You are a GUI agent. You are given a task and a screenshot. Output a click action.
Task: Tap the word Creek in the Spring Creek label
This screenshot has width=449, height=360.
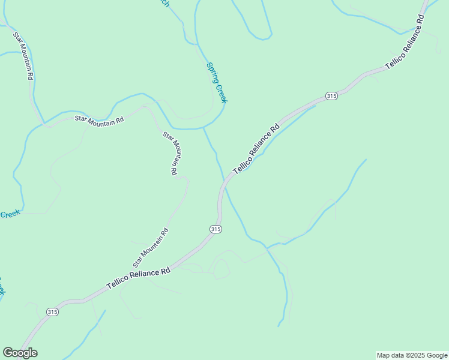click(x=221, y=93)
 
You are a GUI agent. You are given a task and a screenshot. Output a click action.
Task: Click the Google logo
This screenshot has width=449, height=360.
click(x=20, y=353)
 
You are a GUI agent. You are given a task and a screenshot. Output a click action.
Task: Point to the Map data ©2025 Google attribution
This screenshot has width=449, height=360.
click(x=412, y=355)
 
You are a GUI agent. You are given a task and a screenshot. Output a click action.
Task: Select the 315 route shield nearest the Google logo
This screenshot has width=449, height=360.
click(x=53, y=312)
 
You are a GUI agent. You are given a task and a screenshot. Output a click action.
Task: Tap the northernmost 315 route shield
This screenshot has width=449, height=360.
click(x=332, y=95)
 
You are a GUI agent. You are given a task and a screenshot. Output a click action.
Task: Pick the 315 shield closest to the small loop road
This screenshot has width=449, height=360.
click(x=217, y=229)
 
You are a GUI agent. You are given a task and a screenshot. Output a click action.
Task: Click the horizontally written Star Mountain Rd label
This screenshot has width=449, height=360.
click(x=99, y=119)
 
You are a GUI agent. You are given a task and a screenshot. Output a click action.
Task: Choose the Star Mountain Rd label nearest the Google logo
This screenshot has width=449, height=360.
click(x=150, y=247)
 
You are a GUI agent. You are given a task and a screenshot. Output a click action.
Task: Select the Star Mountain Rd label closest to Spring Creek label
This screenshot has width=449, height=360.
click(x=171, y=153)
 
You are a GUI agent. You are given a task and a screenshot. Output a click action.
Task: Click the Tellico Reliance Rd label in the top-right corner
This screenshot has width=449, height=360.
click(x=405, y=41)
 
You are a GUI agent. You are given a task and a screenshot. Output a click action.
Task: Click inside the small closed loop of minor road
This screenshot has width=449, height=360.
click(x=221, y=269)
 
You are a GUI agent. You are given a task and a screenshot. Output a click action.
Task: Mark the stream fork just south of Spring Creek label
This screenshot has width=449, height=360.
click(x=204, y=128)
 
